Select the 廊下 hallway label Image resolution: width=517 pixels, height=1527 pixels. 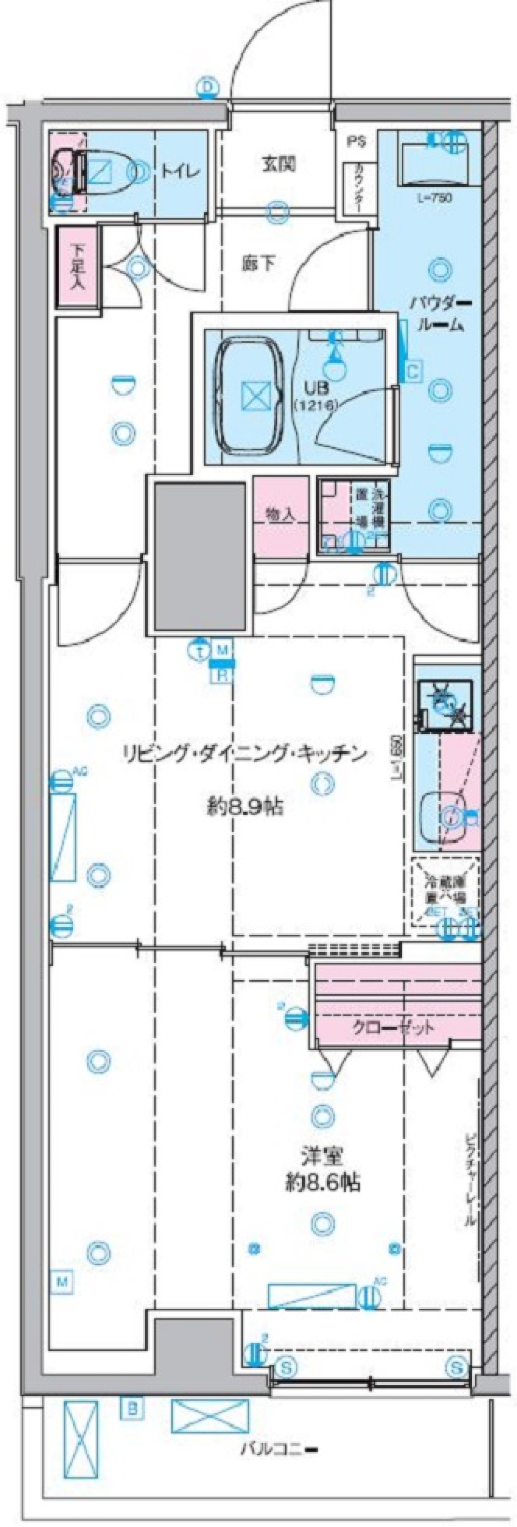click(259, 263)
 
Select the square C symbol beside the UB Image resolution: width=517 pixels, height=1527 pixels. click(412, 372)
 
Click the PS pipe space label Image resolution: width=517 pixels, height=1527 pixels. click(357, 142)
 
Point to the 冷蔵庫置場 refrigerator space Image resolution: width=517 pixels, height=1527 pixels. click(445, 896)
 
